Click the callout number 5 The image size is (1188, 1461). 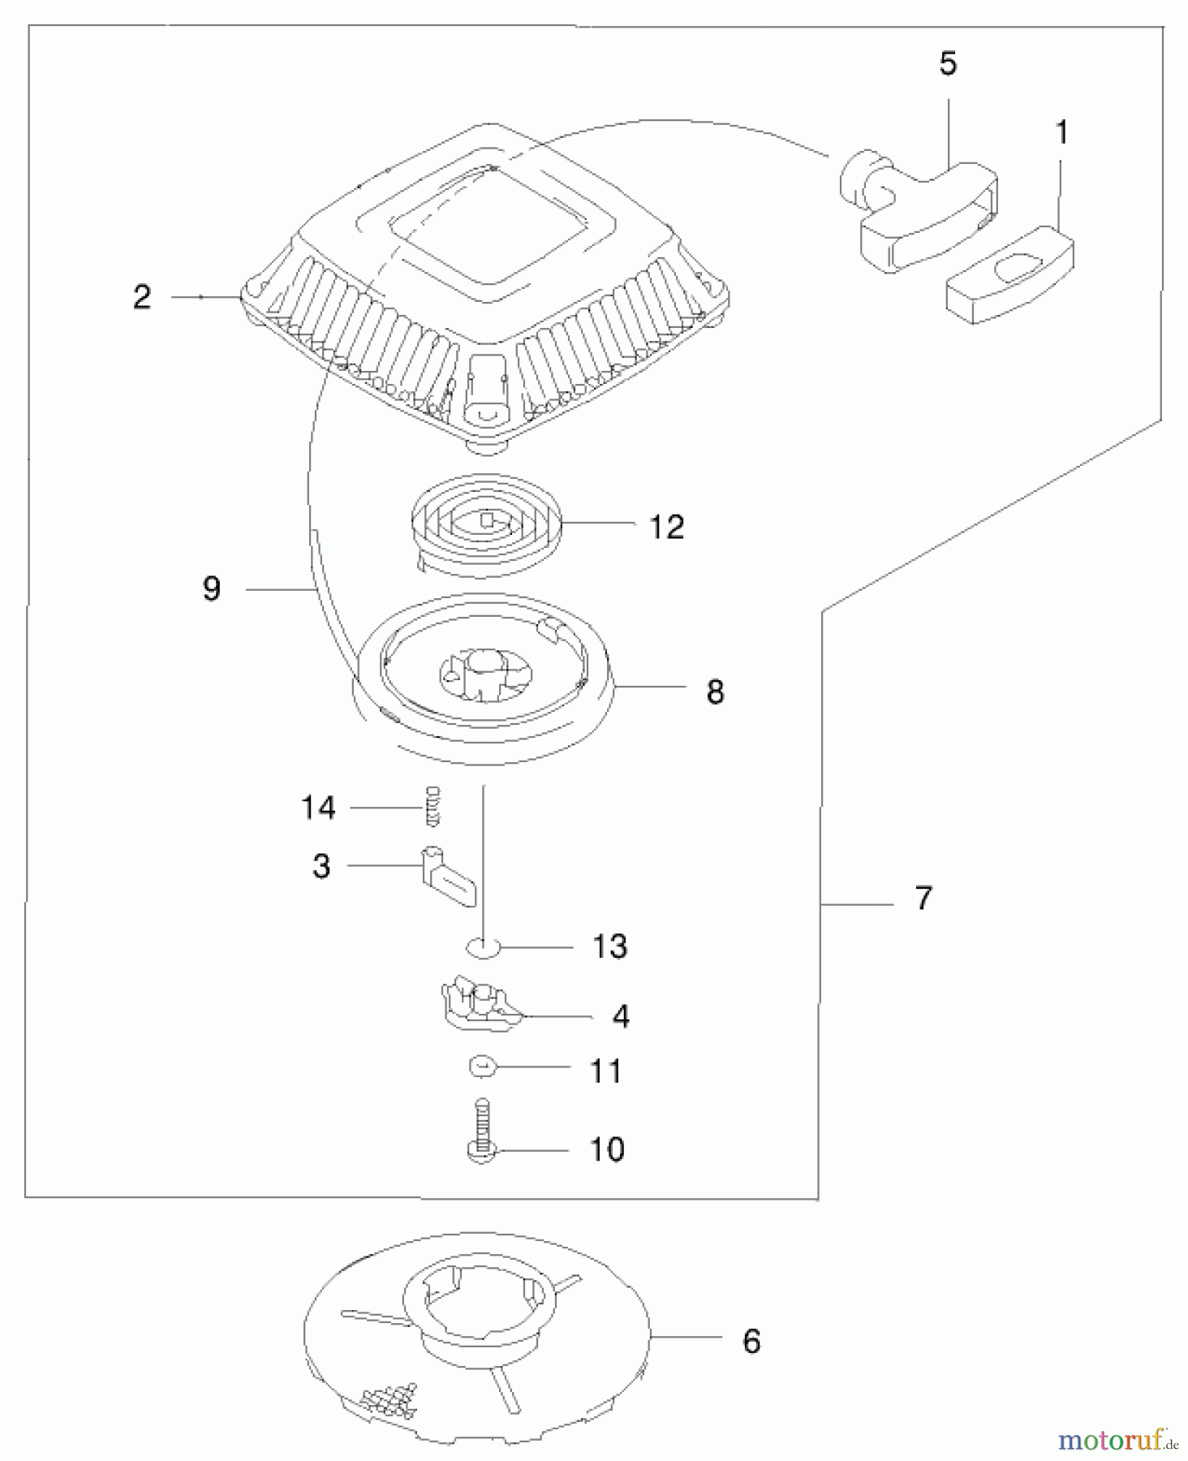tap(948, 64)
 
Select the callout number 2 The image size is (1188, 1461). tap(142, 297)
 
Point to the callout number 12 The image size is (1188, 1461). tap(667, 527)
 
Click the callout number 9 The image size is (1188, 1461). tap(212, 588)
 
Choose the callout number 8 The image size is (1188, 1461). tap(715, 692)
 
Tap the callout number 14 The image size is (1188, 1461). tap(318, 808)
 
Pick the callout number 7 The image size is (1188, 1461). tap(923, 899)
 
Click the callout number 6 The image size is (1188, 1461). tap(751, 1342)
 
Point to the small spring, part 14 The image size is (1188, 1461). tap(433, 807)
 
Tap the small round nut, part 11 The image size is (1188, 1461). tap(483, 1067)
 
